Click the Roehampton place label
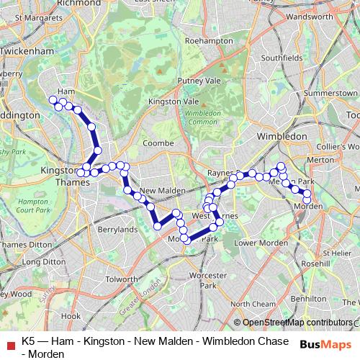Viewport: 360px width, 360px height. coord(209,42)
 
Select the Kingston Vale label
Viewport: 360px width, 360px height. coord(168,103)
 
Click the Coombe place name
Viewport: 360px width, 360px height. coord(158,143)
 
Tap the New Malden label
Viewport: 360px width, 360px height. coord(158,190)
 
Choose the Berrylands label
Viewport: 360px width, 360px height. coord(117,230)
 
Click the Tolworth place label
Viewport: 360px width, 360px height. coord(121,279)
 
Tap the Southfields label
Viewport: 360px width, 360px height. coord(279,57)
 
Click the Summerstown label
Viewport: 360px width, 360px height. coord(330,94)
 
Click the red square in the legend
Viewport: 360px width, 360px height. coord(9,342)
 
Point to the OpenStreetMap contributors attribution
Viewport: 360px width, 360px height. coord(297,323)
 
